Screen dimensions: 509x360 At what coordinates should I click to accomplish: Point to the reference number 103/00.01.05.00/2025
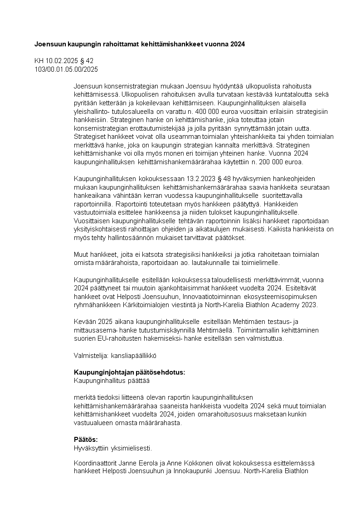tap(66, 69)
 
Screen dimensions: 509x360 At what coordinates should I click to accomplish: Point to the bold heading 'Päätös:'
tap(86, 439)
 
